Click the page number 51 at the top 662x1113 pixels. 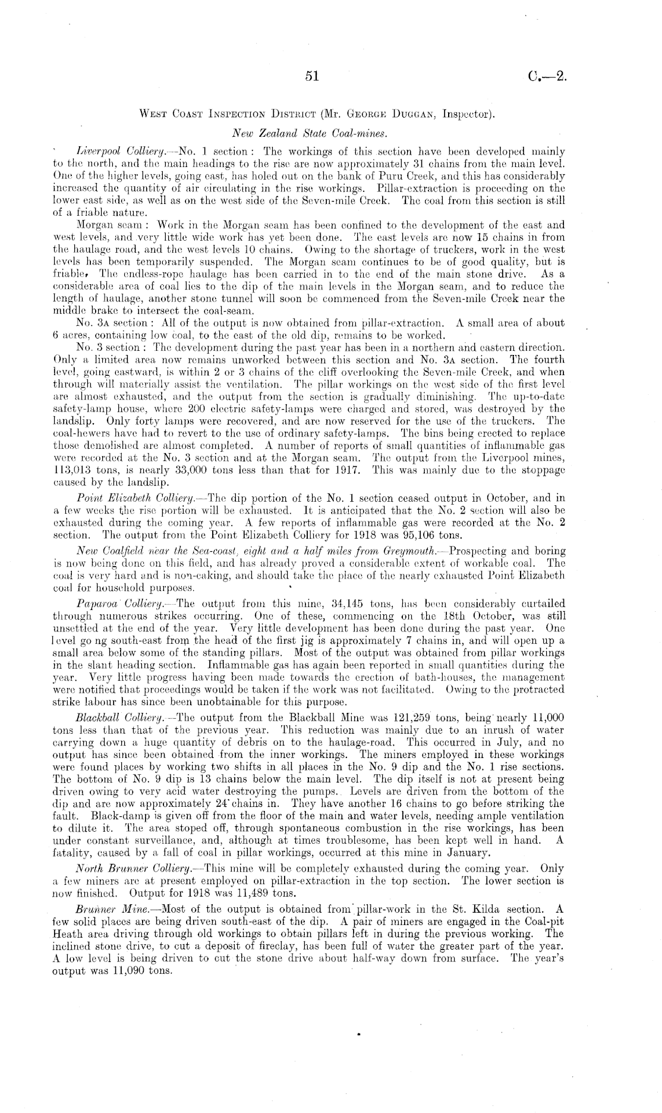pos(313,76)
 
